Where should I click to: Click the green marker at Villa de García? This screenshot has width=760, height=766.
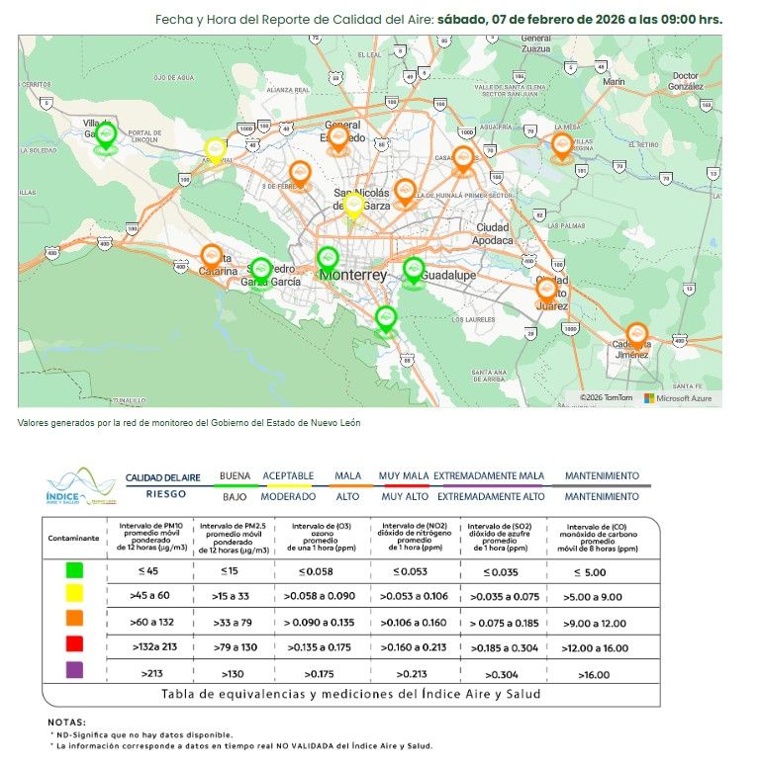[x=106, y=135]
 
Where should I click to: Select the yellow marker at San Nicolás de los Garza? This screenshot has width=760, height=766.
[x=353, y=206]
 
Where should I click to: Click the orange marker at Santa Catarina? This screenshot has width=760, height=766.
[x=211, y=256]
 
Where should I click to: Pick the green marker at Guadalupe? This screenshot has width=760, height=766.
[x=414, y=269]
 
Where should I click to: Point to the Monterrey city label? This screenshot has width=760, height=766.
[x=352, y=275]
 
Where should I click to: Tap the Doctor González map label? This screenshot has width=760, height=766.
[x=685, y=81]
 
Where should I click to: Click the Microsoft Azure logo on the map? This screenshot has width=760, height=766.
[x=679, y=397]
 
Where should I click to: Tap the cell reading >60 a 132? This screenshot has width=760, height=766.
[x=152, y=620]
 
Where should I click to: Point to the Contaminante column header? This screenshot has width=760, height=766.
[x=74, y=539]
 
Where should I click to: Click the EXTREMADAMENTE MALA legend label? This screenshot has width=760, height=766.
[x=489, y=475]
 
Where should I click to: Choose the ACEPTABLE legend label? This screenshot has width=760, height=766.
[x=288, y=475]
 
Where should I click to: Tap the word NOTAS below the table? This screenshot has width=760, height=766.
[x=67, y=723]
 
